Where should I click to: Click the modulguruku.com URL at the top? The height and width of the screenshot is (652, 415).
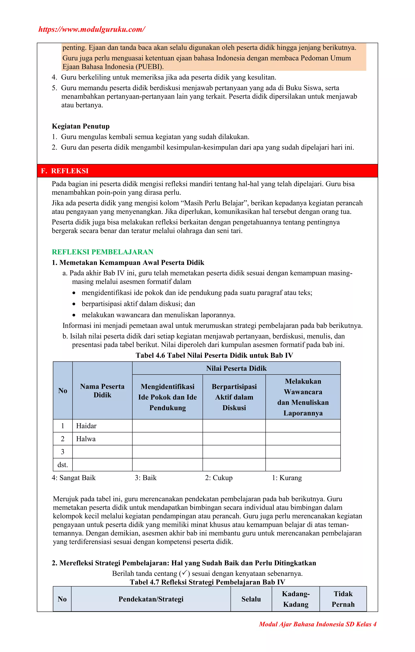click(92, 29)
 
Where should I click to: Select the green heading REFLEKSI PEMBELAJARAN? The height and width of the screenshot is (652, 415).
click(103, 252)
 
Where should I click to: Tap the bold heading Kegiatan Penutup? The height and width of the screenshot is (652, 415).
click(81, 126)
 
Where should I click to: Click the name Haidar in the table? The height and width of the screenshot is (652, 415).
click(86, 426)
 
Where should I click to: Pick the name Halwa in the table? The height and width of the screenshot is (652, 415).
click(86, 439)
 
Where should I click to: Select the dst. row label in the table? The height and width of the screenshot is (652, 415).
click(63, 465)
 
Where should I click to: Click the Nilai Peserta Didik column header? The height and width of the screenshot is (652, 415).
click(236, 368)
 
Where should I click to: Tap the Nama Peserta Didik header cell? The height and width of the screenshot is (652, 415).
click(102, 391)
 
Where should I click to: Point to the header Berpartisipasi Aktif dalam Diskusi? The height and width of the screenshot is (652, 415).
click(234, 397)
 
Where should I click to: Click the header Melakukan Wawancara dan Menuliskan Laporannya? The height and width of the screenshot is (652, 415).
click(303, 397)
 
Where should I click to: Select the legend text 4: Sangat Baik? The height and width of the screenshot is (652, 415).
click(74, 478)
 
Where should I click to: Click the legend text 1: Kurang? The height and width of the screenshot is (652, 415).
click(287, 478)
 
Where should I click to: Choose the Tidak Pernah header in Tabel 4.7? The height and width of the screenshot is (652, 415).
click(343, 599)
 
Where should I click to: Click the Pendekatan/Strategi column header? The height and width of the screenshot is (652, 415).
click(151, 599)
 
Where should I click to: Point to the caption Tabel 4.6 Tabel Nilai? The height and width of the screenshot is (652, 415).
click(214, 355)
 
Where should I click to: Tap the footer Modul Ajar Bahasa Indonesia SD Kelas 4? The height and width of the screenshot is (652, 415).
click(318, 624)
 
